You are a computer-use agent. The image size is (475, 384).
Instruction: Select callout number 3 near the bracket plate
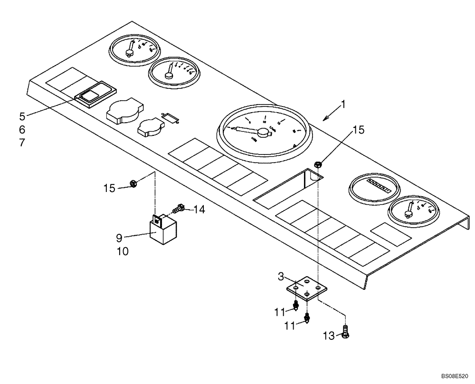281,276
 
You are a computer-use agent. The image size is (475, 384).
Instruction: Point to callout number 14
199,209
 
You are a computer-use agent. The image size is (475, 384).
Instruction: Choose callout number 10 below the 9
123,251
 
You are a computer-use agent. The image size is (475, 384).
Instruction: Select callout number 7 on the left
22,142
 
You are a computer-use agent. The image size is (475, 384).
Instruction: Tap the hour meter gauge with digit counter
373,188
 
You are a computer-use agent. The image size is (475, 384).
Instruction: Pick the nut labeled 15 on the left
134,184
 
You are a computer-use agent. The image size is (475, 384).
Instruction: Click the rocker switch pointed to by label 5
90,96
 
